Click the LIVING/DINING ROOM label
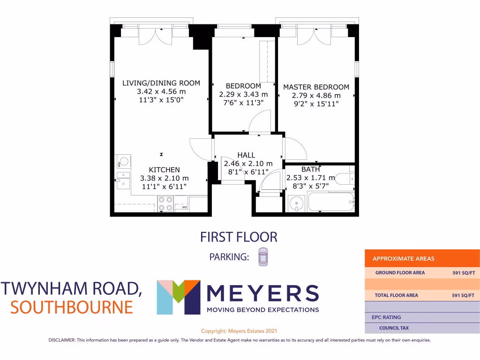pyautogui.click(x=161, y=83)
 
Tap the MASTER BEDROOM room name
pyautogui.click(x=316, y=87)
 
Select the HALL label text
pyautogui.click(x=246, y=155)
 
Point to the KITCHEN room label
pyautogui.click(x=164, y=170)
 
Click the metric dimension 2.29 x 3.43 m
pyautogui.click(x=243, y=94)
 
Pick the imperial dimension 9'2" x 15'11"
pyautogui.click(x=316, y=104)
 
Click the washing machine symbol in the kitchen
pyautogui.click(x=123, y=162)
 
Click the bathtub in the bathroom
pyautogui.click(x=330, y=203)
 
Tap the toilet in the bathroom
pyautogui.click(x=345, y=179)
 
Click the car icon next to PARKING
pyautogui.click(x=263, y=257)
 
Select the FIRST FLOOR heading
pyautogui.click(x=239, y=237)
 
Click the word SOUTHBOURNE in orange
pyautogui.click(x=72, y=307)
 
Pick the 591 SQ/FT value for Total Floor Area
pyautogui.click(x=463, y=295)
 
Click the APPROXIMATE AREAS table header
pyautogui.click(x=403, y=259)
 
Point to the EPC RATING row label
pyautogui.click(x=387, y=317)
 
